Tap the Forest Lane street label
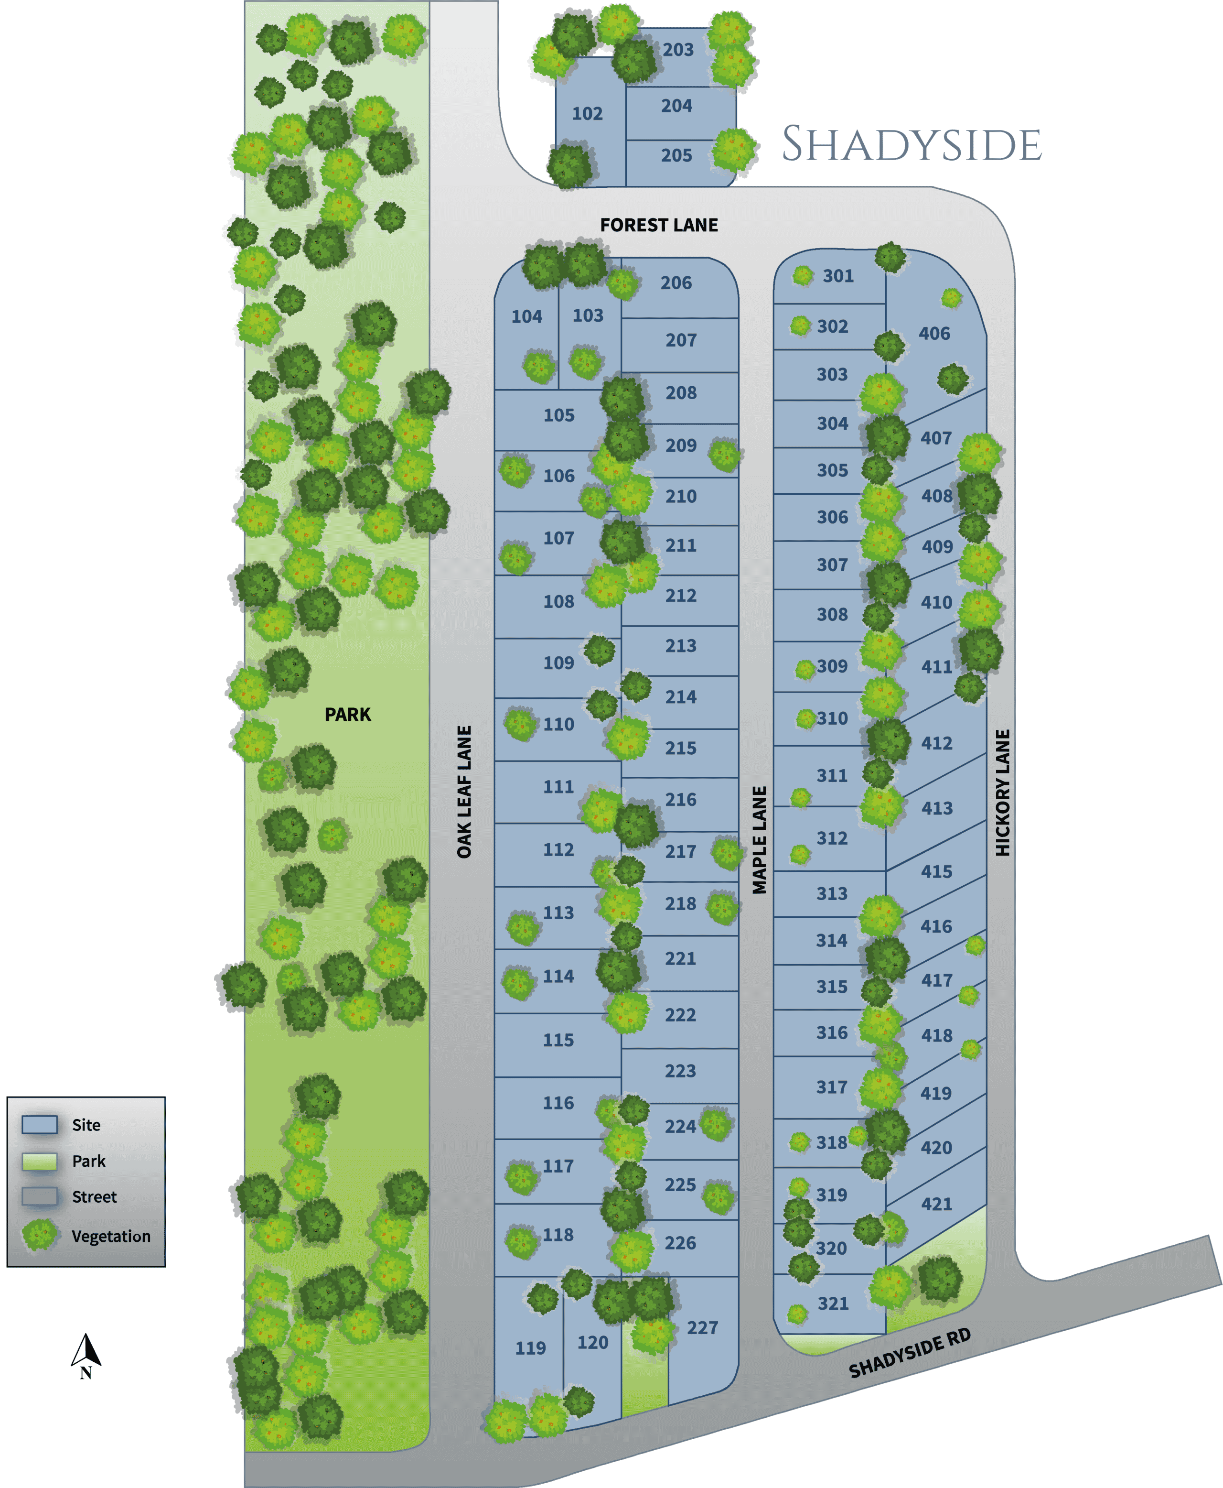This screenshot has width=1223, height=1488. click(659, 225)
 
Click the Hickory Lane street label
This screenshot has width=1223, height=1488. click(1002, 793)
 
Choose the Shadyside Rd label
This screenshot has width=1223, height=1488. click(910, 1353)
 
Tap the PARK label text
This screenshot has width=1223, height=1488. click(347, 714)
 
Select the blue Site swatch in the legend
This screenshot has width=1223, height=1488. click(40, 1124)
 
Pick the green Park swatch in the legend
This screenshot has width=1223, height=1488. click(40, 1161)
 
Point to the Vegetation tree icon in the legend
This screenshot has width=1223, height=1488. click(40, 1235)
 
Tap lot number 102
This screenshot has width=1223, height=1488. click(587, 113)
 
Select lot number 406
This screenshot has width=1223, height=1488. click(934, 334)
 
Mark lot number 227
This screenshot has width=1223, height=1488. click(702, 1328)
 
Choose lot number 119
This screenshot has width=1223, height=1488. click(530, 1348)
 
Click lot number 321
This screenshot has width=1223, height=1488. click(833, 1304)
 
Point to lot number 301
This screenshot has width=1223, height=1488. click(837, 276)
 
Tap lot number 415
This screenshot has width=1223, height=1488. click(936, 872)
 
